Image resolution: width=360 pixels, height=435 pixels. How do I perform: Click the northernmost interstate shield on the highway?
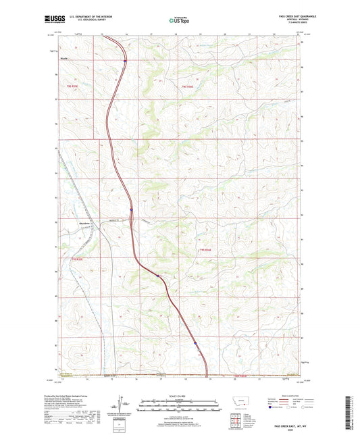point(125,61)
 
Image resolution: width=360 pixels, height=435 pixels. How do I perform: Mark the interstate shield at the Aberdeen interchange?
point(132,218)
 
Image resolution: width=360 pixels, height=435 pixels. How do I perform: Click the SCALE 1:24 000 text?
point(180,396)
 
